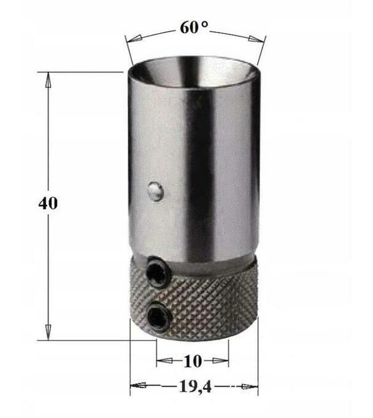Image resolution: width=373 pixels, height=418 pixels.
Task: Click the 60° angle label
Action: coord(194,29)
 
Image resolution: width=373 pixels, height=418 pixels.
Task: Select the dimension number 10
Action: coord(192,361)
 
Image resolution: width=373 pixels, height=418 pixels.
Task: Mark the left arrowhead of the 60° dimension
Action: coord(130,40)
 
